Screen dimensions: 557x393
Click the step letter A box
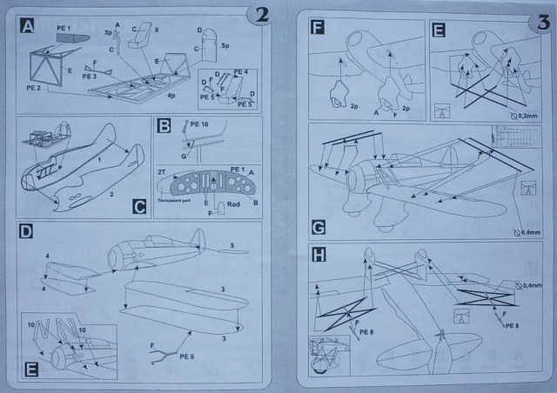click(28, 27)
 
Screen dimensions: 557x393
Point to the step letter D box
click(28, 232)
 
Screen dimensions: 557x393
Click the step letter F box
click(319, 26)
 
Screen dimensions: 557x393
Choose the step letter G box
click(319, 229)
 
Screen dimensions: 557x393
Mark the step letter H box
click(319, 256)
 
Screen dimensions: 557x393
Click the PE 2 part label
click(35, 88)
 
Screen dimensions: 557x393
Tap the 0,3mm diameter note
click(525, 114)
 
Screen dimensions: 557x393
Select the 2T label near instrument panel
click(162, 173)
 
